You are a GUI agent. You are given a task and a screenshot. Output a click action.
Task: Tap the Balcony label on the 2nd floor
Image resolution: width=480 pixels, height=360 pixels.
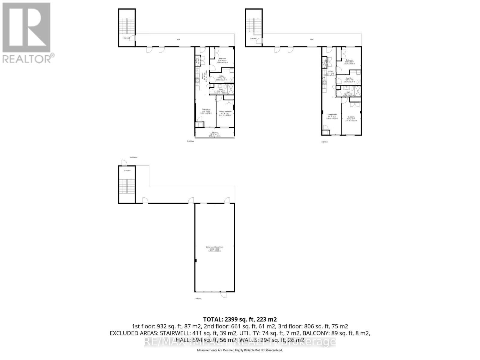[214, 132]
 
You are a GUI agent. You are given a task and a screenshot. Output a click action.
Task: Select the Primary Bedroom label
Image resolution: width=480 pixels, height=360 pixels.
[225, 111]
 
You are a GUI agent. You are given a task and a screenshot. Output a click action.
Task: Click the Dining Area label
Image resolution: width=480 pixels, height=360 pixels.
[206, 109]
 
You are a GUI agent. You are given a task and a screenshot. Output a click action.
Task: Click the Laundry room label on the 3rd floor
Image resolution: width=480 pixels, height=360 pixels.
[349, 78]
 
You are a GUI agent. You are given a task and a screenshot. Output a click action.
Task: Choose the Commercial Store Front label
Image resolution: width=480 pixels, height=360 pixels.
[214, 247]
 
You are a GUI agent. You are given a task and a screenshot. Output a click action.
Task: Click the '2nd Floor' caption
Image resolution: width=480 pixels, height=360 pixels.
[190, 141]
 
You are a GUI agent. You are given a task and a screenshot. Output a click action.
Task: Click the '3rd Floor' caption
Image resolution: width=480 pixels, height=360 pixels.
[324, 142]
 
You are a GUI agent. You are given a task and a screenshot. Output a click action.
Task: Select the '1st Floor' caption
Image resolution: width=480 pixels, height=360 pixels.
[197, 298]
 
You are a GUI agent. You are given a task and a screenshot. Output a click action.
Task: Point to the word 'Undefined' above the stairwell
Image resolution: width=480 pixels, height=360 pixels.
[133, 157]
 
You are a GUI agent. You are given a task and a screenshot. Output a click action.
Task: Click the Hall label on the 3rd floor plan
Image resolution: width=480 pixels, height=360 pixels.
[312, 39]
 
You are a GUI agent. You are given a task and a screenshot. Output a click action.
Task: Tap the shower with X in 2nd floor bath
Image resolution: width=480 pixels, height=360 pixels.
[231, 89]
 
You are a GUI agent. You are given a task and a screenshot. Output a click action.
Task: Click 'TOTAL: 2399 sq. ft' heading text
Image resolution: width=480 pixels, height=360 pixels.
[240, 319]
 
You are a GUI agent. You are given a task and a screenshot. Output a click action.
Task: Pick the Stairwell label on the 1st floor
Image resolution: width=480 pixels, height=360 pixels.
[127, 171]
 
